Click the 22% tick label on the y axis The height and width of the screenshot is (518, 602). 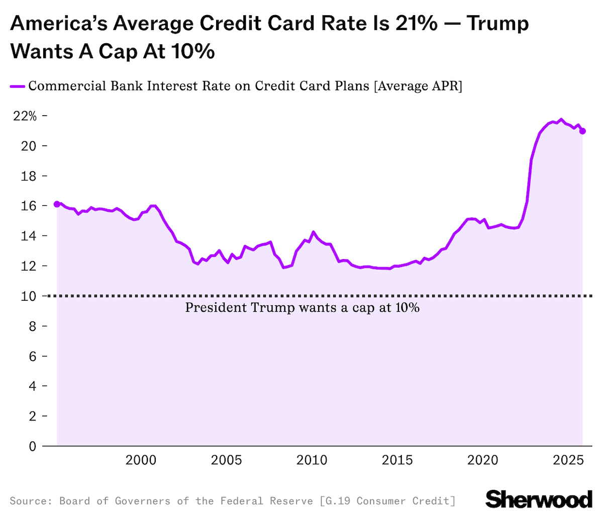point(25,116)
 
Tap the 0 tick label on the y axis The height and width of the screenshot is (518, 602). point(33,446)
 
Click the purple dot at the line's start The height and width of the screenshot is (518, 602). point(57,204)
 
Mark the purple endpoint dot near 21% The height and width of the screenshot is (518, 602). point(582,131)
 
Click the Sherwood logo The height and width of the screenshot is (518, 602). point(539,499)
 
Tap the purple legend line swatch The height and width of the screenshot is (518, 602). point(17,87)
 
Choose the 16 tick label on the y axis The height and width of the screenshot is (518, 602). point(29,206)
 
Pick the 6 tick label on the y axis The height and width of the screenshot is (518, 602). point(33,356)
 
